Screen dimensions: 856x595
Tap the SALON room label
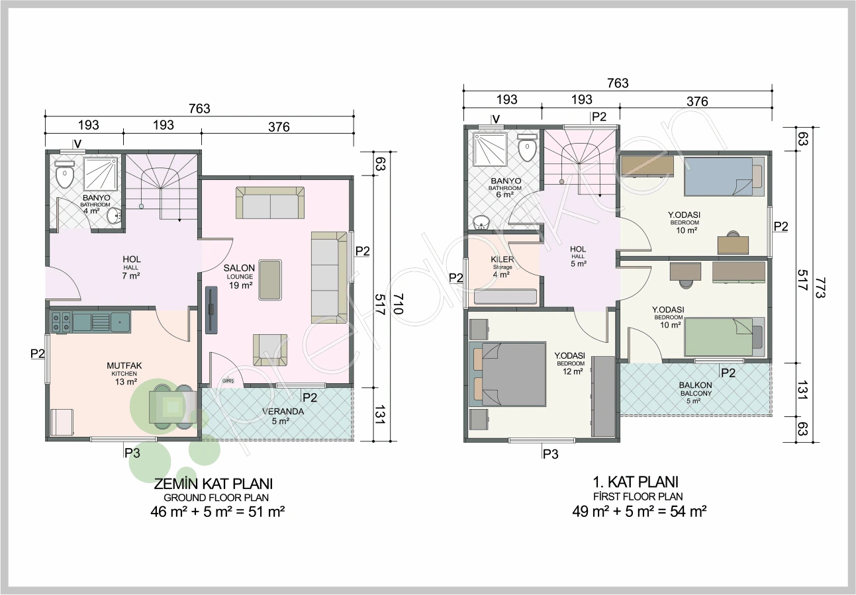(239, 268)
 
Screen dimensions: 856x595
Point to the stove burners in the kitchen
(61, 322)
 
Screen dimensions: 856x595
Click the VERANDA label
(283, 412)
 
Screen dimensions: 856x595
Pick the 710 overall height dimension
(398, 304)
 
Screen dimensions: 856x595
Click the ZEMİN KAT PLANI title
(213, 484)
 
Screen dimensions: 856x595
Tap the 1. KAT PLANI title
(636, 482)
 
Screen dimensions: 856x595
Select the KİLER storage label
(502, 259)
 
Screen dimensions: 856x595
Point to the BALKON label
(696, 385)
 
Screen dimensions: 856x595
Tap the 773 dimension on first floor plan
(820, 287)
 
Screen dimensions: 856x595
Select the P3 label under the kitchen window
(132, 453)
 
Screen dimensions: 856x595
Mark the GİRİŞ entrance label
(228, 381)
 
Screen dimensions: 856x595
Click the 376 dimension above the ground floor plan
(279, 127)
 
